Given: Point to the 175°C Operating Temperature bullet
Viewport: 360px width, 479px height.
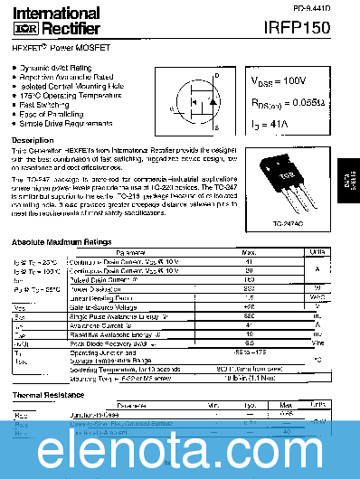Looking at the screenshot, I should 66,95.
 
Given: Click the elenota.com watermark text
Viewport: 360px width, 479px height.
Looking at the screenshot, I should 180,446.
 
